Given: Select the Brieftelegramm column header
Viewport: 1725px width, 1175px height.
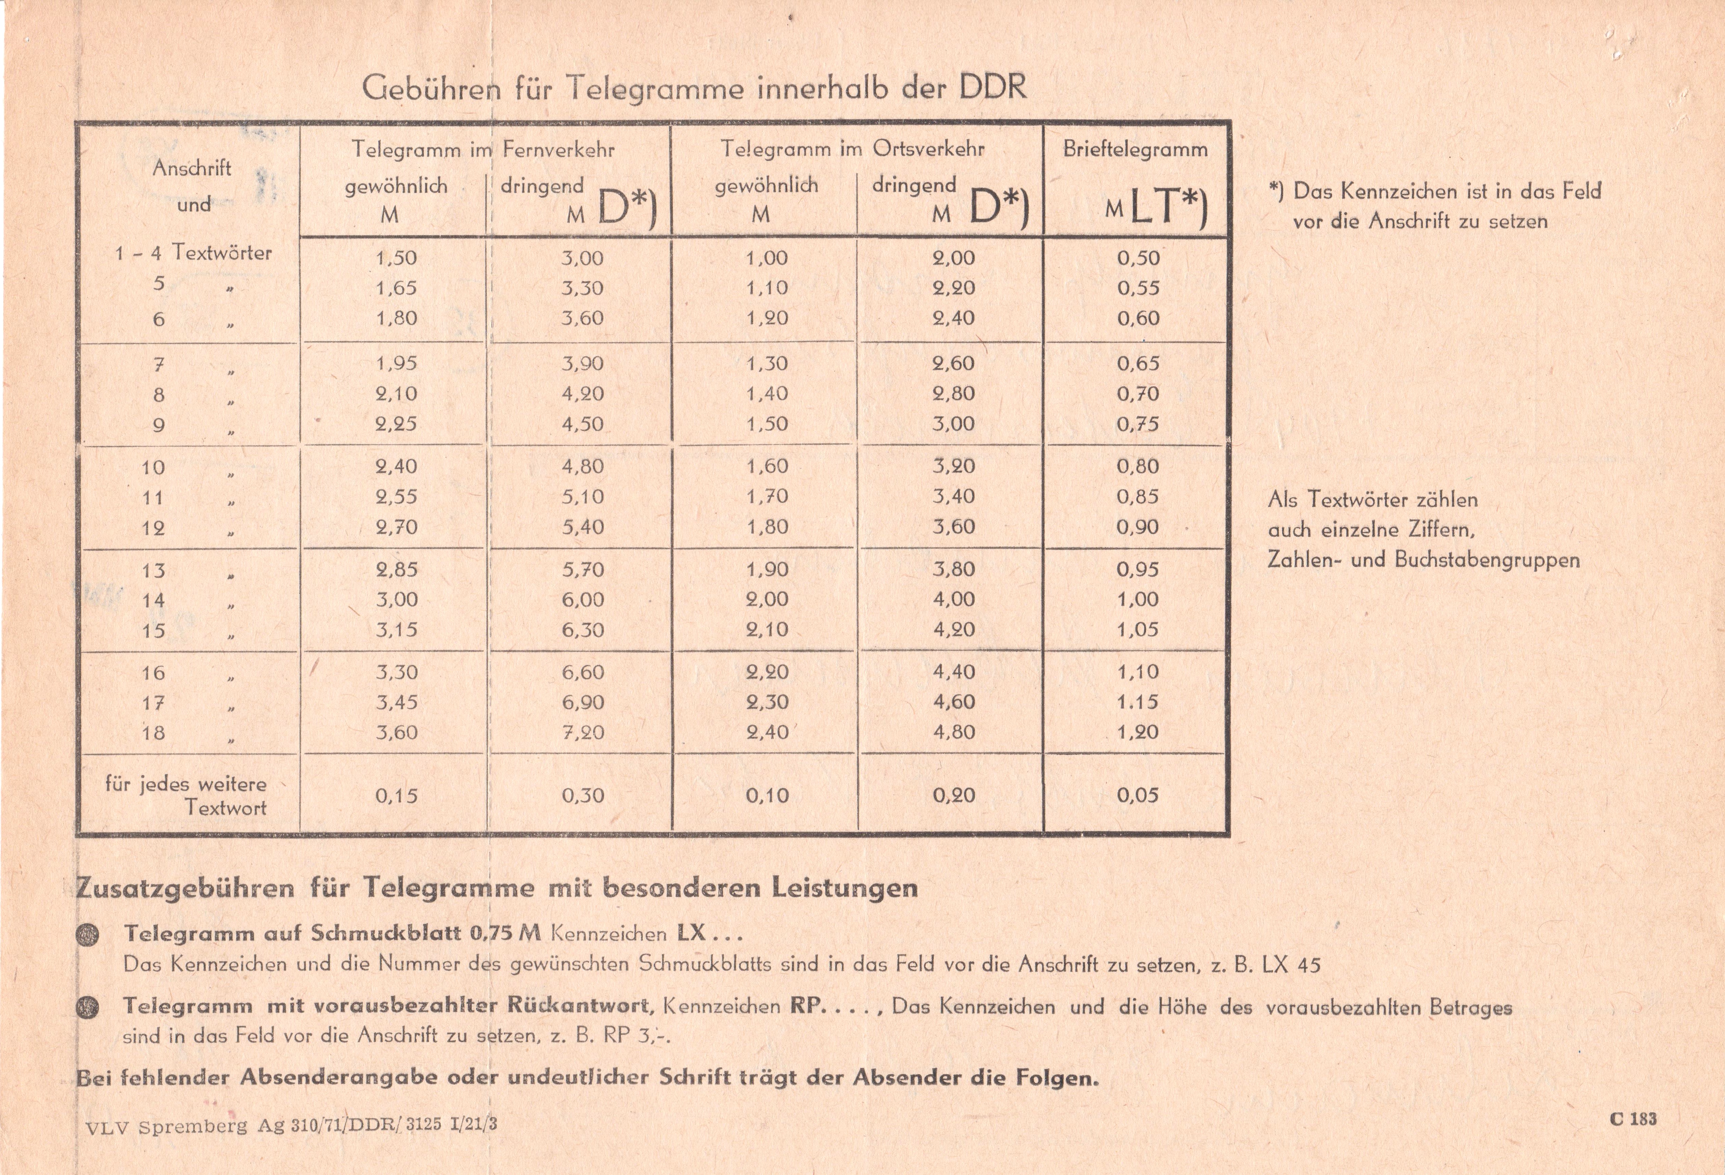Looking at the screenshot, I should (x=1135, y=149).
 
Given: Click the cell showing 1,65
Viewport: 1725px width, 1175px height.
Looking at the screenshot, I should (x=396, y=288).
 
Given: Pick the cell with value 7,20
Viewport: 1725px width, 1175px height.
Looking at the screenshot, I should (x=583, y=733).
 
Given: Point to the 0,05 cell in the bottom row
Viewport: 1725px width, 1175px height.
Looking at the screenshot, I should (x=1137, y=796).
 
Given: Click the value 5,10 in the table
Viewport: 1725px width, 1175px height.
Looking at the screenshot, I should (x=583, y=497).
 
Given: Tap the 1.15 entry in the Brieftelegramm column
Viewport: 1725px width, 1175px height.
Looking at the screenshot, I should (x=1137, y=702).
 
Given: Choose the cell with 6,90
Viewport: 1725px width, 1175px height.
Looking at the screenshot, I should (x=583, y=702).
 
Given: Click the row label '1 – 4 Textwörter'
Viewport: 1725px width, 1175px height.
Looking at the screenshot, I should (x=193, y=253).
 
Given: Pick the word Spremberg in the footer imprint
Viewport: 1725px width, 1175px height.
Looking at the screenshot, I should (x=193, y=1126).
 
